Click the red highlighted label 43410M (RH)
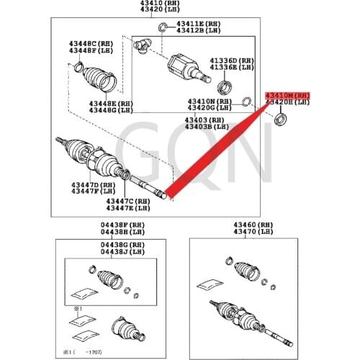[288, 95]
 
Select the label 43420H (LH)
[288, 103]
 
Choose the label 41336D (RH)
[231, 60]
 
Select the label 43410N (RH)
[210, 102]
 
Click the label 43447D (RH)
[89, 185]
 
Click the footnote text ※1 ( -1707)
[81, 352]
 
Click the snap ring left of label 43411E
[164, 29]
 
